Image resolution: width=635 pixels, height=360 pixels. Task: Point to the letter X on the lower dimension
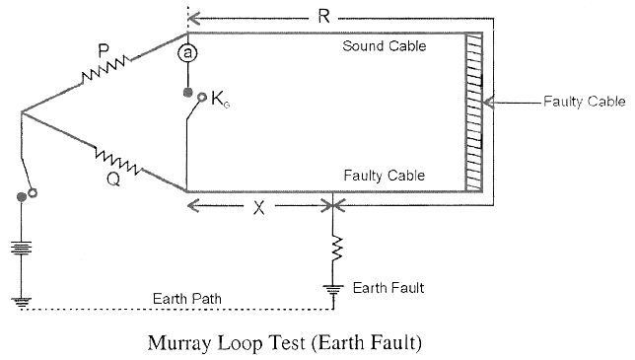coord(258,208)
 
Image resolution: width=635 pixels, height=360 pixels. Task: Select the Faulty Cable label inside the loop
coord(384,176)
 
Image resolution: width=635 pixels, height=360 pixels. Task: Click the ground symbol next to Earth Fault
coord(336,288)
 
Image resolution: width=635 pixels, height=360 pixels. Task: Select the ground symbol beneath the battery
coord(22,300)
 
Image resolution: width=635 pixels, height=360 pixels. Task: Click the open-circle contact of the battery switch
coord(33,192)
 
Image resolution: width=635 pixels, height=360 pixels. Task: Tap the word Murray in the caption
coord(180,344)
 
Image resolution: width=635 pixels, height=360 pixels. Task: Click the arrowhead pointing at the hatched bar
coord(494,102)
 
